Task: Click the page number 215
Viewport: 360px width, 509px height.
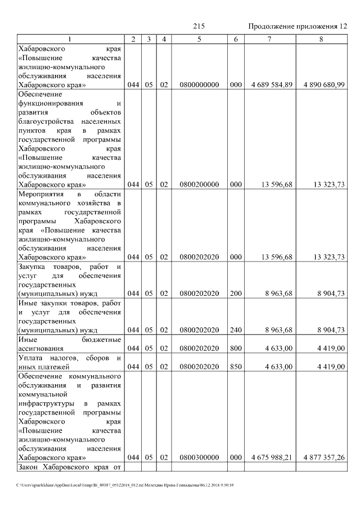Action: pyautogui.click(x=198, y=26)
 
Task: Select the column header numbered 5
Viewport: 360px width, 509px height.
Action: pyautogui.click(x=199, y=39)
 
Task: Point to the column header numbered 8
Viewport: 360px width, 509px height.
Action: pyautogui.click(x=321, y=39)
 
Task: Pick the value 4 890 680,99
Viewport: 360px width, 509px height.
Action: pyautogui.click(x=323, y=84)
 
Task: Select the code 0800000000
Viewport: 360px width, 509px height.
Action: pyautogui.click(x=199, y=84)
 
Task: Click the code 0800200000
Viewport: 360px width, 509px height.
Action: pyautogui.click(x=199, y=184)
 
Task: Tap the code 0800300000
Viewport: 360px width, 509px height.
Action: pyautogui.click(x=199, y=457)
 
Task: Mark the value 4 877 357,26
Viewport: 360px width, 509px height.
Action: pyautogui.click(x=323, y=457)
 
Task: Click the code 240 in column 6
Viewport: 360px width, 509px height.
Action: pyautogui.click(x=236, y=330)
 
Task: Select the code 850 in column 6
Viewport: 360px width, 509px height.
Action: pyautogui.click(x=236, y=367)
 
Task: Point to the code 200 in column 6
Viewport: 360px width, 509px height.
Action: pyautogui.click(x=236, y=294)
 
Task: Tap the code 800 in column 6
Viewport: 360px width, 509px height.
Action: pyautogui.click(x=236, y=349)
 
